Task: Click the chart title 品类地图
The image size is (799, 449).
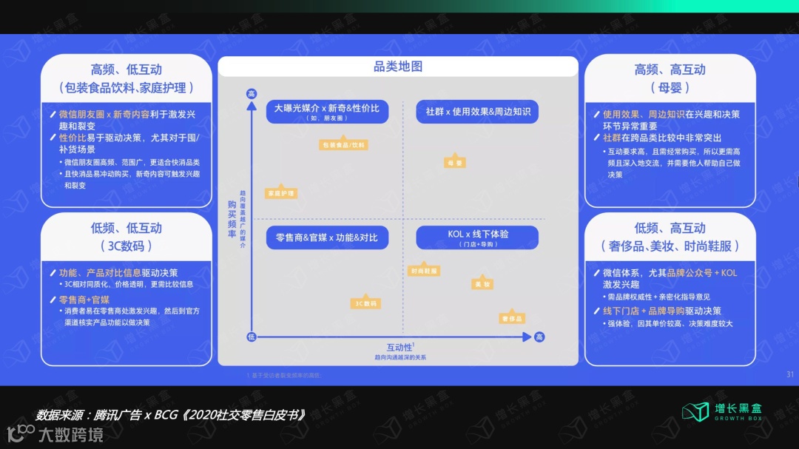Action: point(398,67)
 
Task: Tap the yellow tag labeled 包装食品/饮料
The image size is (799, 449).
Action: point(344,145)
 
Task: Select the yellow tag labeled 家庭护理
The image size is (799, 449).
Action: point(280,193)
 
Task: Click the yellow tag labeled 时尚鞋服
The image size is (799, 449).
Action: point(424,271)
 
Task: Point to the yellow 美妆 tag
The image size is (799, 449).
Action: point(483,284)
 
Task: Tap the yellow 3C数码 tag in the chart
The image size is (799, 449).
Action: point(365,303)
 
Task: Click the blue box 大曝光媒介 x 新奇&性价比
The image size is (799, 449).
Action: point(327,111)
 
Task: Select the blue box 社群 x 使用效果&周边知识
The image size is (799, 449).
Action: point(477,112)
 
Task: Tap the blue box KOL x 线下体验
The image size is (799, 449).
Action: point(477,237)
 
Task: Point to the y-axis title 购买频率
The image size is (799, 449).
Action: point(232,219)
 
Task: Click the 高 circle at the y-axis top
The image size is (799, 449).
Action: point(252,93)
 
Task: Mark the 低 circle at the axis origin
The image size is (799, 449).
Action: point(252,337)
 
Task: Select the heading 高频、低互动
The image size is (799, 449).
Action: point(127,70)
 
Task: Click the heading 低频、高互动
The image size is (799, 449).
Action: point(670,228)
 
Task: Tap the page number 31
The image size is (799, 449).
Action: point(789,374)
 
